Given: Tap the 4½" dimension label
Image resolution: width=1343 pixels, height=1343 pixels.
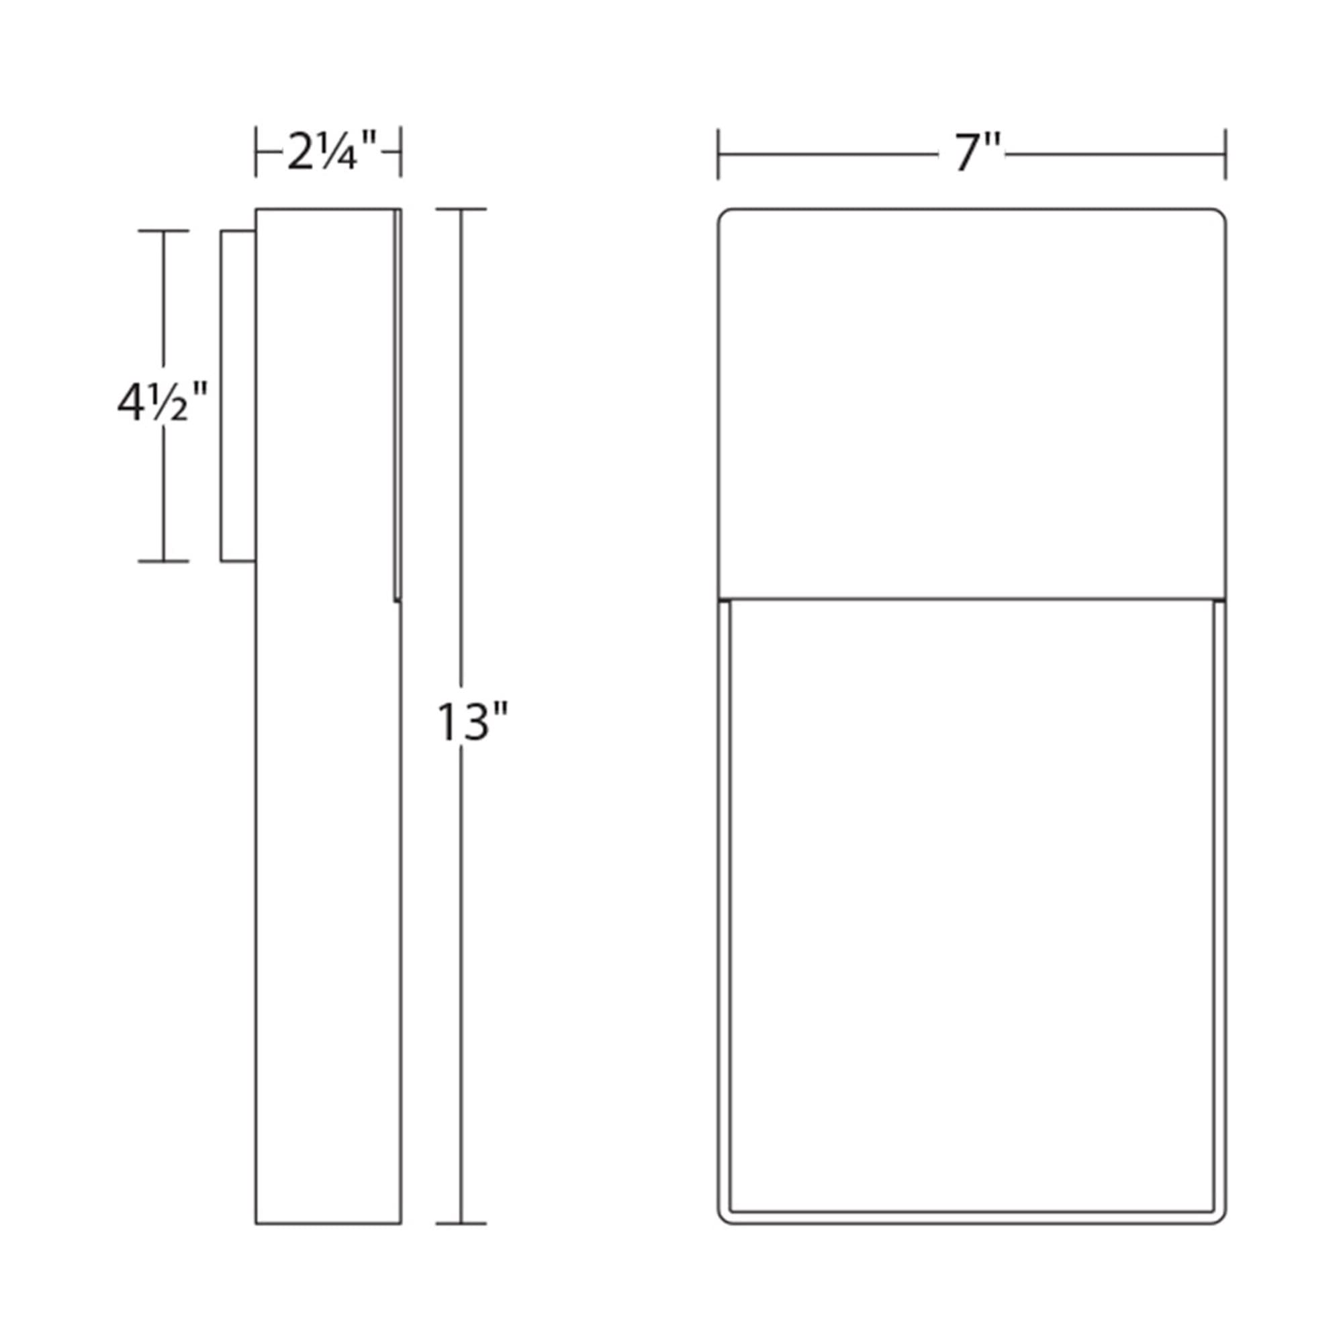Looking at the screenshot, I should (163, 404).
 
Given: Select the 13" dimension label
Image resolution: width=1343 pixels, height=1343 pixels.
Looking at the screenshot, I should (473, 723).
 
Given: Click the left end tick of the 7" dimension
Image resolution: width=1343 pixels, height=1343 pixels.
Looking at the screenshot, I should (719, 154).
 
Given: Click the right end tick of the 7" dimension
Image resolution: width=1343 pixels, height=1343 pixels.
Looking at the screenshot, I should (1225, 154).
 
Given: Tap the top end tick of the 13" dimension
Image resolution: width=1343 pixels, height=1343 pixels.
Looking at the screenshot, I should (461, 209).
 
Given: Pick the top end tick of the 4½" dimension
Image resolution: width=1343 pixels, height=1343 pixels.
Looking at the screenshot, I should (163, 231).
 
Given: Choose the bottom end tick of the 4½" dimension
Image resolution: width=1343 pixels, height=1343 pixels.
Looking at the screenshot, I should (163, 560).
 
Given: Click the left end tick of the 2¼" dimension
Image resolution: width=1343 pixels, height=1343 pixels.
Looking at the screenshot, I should (256, 152).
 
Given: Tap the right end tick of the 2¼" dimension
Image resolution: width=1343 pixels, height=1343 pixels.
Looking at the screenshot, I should (400, 152).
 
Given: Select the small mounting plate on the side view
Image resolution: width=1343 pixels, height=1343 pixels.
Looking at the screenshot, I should (238, 396).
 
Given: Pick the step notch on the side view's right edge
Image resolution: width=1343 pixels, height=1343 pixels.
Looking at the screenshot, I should (398, 600).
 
